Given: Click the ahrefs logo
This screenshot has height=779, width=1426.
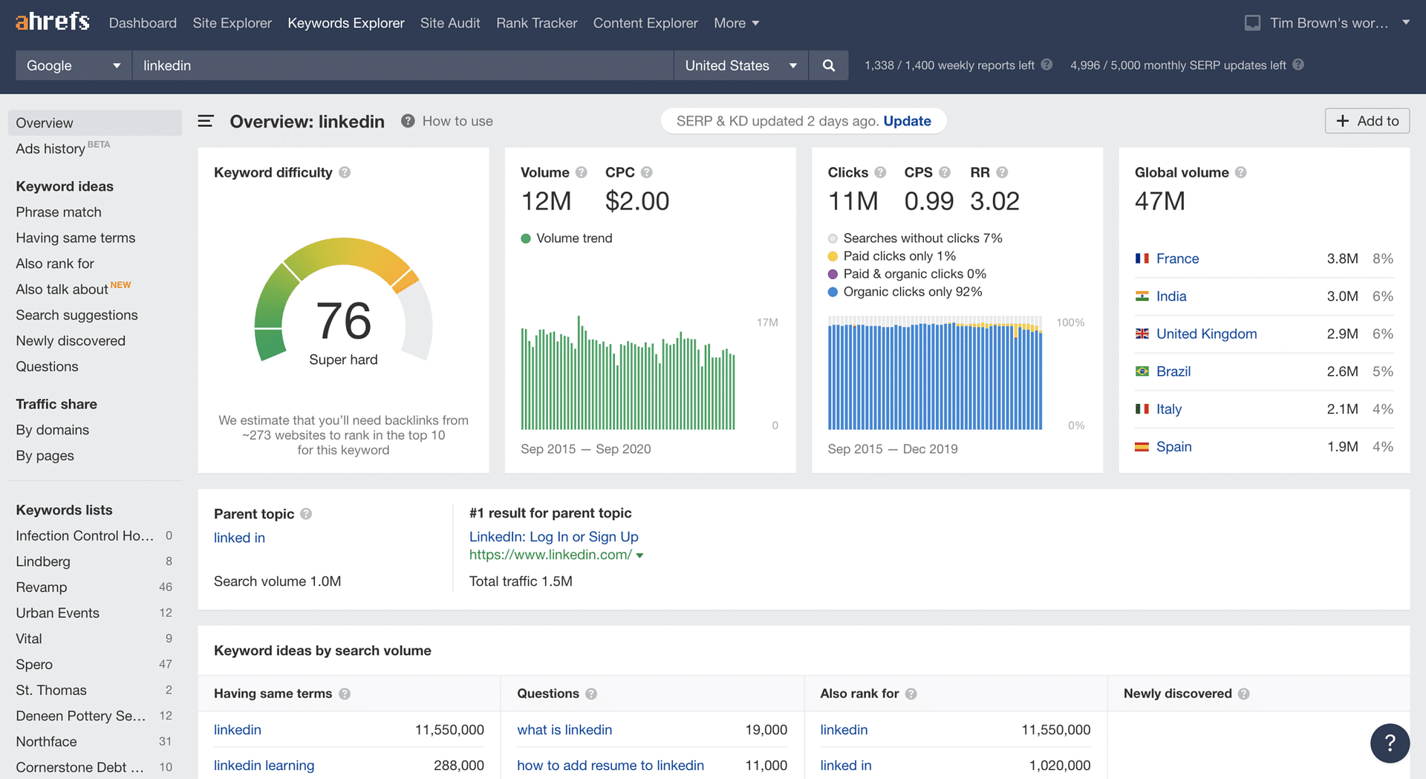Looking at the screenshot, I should click(x=52, y=22).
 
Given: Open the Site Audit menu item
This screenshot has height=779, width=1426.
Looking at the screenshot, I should click(x=449, y=23).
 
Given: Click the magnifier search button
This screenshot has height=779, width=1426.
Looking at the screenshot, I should click(x=829, y=65).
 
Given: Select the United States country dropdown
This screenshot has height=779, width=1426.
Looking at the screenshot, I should click(x=740, y=65).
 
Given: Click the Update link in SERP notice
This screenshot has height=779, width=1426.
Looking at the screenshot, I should click(x=907, y=121).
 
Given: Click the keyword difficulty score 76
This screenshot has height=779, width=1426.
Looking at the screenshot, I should click(x=343, y=321).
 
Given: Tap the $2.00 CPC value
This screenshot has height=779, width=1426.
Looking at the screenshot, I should click(x=637, y=201).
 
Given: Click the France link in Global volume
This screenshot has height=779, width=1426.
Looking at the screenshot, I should click(x=1177, y=258).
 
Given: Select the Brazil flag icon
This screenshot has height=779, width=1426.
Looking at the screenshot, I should click(x=1142, y=371).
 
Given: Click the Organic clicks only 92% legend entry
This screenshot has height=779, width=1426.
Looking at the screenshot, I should click(x=912, y=292).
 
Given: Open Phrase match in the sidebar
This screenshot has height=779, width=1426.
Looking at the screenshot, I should click(x=59, y=212).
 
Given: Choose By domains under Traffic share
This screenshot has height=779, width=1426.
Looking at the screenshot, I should click(x=52, y=430).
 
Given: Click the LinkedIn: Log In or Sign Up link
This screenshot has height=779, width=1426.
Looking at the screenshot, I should click(x=553, y=536).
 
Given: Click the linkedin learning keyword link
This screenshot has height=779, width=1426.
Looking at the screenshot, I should click(x=264, y=765).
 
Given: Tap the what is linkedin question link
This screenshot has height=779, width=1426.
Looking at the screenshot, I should click(x=564, y=729).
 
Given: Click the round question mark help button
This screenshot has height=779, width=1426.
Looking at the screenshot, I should click(x=1390, y=743).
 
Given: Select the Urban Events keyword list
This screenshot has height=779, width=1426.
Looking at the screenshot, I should click(x=57, y=613).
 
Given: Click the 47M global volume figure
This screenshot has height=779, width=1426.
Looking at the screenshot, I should click(x=1159, y=201).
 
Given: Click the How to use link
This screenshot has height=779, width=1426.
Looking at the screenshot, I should click(x=457, y=121).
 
